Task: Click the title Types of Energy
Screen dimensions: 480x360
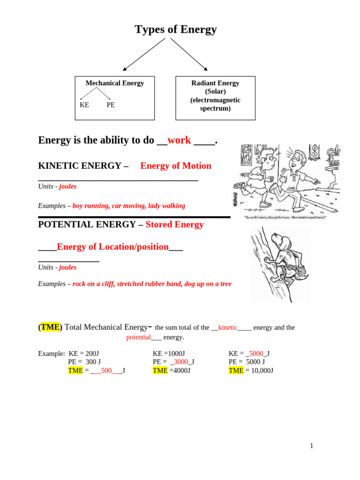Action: pos(176,30)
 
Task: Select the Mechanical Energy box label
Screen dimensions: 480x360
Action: pos(115,83)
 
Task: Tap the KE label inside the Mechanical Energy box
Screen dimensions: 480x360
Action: pos(84,105)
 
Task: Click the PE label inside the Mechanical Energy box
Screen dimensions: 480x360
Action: pos(111,105)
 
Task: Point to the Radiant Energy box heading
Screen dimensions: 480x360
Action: pos(215,83)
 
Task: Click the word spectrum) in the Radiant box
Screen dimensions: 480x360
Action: pos(215,108)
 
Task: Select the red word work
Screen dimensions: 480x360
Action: pos(179,140)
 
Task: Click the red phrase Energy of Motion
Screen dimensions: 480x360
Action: pos(176,166)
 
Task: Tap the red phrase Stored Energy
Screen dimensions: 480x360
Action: pos(174,225)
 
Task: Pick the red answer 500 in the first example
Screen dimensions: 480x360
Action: pos(106,370)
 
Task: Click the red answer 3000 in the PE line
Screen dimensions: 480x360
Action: pos(181,361)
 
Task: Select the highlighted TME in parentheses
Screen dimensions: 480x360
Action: pos(50,327)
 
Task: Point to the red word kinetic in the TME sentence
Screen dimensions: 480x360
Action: pos(228,328)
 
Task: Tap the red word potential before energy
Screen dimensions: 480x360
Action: pos(138,337)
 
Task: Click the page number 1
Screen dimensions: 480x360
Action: pos(311,446)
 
